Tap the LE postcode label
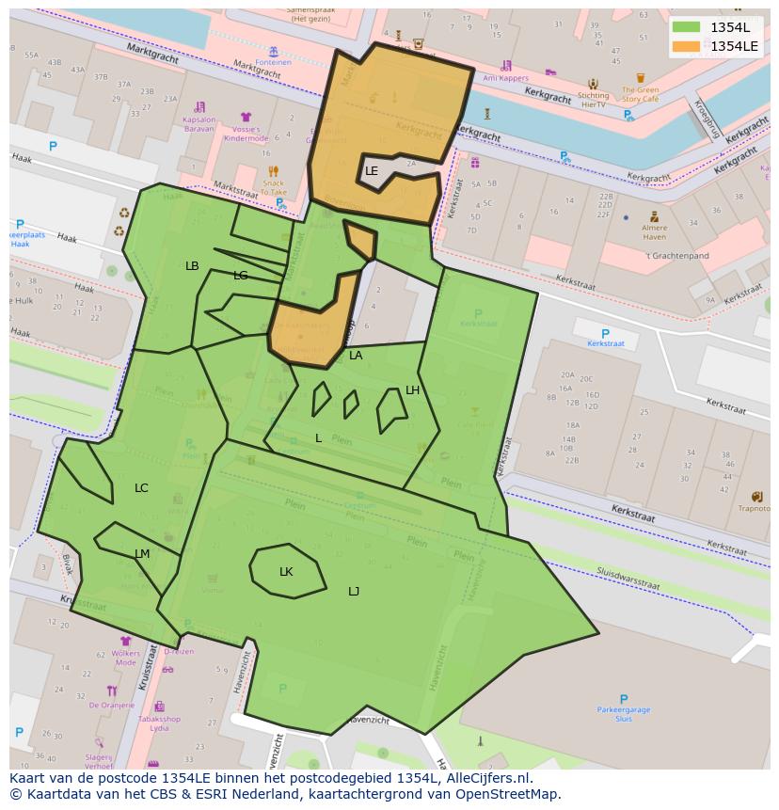372,171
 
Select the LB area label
192,266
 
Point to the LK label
286,572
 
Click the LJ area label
354,592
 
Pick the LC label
141,488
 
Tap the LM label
142,554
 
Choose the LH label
412,390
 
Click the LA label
356,356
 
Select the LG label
241,276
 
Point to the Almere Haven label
654,231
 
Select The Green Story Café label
640,95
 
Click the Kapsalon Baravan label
199,124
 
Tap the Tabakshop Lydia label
160,724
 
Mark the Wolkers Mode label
125,658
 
